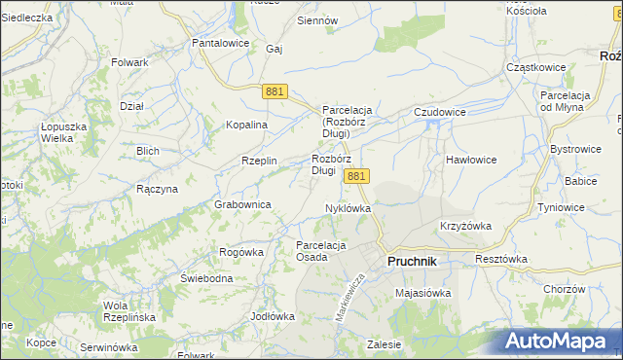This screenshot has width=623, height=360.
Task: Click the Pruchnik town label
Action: (x=412, y=262)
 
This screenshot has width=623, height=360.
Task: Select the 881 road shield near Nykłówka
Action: (x=356, y=176)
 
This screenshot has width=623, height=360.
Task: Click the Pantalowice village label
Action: (x=221, y=44)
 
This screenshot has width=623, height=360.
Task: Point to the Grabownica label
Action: (x=242, y=205)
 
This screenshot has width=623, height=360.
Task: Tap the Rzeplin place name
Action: (x=260, y=162)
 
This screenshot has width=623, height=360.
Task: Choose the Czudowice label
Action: (x=440, y=113)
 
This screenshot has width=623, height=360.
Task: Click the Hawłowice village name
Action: (x=471, y=159)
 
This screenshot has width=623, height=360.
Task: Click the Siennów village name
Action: (x=317, y=20)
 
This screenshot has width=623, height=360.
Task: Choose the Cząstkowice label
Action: (x=537, y=67)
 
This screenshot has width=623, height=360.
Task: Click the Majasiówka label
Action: (x=421, y=292)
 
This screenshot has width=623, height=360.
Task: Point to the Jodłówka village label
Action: (x=272, y=316)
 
